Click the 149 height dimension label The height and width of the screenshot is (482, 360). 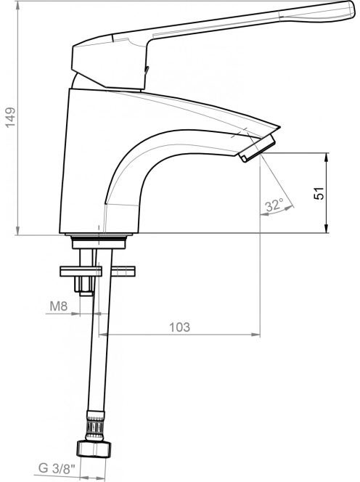10,117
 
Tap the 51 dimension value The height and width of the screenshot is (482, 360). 319,193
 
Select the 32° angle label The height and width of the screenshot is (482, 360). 274,205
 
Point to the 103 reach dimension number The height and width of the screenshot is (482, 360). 180,327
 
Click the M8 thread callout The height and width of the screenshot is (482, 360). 58,306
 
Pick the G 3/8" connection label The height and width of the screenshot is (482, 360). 57,469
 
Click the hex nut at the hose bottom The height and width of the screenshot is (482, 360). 94,449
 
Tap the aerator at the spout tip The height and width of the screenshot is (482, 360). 258,148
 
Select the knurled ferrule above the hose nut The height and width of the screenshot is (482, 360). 96,426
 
